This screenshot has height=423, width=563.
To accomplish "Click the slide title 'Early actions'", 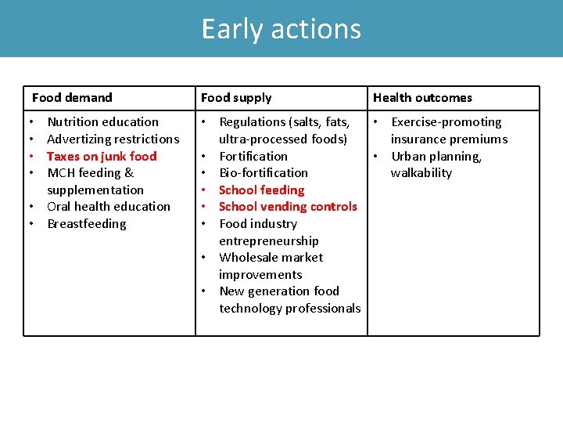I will (281, 29).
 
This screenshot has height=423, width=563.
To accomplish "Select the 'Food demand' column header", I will (72, 98).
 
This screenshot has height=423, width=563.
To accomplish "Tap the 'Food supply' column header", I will (236, 98).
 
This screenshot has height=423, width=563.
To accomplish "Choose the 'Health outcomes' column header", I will (422, 98).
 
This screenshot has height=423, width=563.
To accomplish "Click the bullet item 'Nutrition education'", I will (102, 122).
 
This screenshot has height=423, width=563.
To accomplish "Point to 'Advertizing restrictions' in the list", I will (113, 139).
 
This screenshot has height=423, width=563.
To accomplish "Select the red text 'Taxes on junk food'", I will (102, 157).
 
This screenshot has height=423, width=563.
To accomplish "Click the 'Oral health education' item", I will (108, 207).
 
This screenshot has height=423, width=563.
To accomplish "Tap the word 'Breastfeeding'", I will (86, 224).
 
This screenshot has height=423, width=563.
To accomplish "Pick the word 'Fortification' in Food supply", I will (253, 157).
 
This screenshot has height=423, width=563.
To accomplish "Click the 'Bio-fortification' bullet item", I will (264, 173).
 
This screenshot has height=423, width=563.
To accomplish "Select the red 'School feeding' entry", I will (261, 190).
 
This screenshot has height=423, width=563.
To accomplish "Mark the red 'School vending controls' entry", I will (288, 207).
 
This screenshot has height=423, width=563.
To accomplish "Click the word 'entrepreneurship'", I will (269, 241).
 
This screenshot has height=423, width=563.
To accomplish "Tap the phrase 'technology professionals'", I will (289, 309).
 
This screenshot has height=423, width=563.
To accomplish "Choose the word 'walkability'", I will (421, 173).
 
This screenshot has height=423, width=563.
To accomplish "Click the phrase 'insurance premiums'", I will (449, 139).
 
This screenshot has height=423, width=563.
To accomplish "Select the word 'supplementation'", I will (95, 190).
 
